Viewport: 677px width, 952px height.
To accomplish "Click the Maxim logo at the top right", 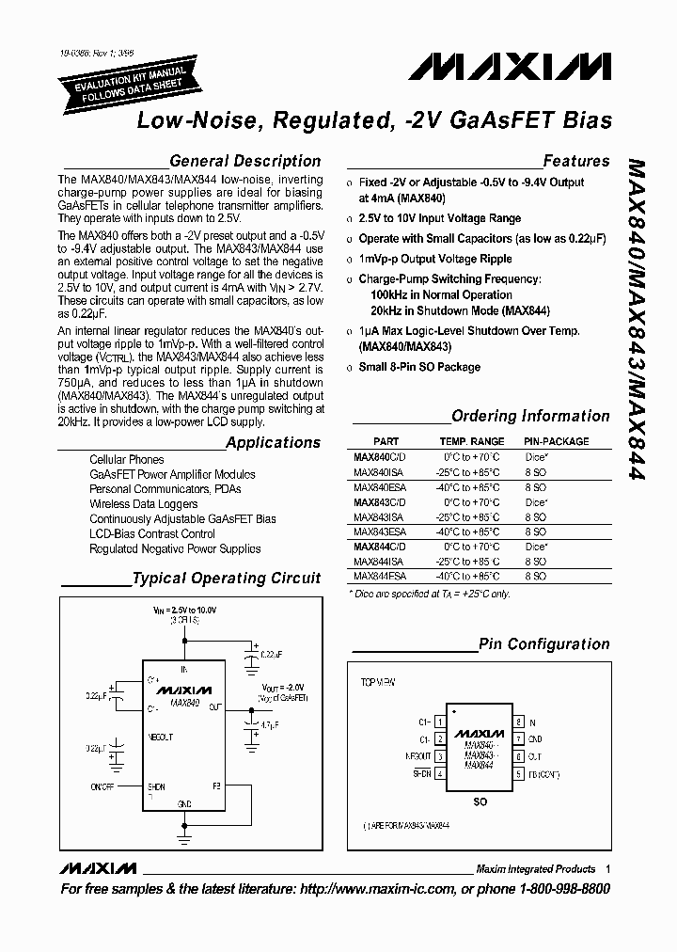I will pyautogui.click(x=510, y=67).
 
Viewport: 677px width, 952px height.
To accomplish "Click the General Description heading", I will pyautogui.click(x=244, y=161).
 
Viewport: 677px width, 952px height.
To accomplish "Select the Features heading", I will pyautogui.click(x=575, y=161).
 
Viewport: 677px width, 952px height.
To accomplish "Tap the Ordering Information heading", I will pyautogui.click(x=530, y=416).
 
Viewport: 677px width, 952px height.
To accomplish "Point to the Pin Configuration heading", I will pyautogui.click(x=544, y=644).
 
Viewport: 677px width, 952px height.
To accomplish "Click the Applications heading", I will pyautogui.click(x=273, y=442).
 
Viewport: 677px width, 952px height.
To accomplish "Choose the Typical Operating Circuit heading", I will pyautogui.click(x=226, y=579).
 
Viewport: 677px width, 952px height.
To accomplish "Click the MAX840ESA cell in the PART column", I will pyautogui.click(x=380, y=488).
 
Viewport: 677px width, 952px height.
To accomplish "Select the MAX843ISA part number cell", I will pyautogui.click(x=379, y=517).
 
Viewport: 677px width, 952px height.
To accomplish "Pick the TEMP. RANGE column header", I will pyautogui.click(x=471, y=441).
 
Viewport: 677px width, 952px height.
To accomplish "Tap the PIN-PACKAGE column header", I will pyautogui.click(x=556, y=441).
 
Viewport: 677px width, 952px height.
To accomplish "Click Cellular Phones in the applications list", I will pyautogui.click(x=126, y=460).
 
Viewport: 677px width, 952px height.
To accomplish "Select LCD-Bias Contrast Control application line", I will pyautogui.click(x=152, y=533).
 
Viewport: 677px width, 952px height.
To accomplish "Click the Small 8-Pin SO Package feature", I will pyautogui.click(x=419, y=367).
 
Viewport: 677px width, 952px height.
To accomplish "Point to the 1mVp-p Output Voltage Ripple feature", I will pyautogui.click(x=434, y=259).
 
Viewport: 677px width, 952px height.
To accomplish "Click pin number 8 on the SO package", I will pyautogui.click(x=518, y=722).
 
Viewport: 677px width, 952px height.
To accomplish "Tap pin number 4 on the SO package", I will pyautogui.click(x=440, y=773).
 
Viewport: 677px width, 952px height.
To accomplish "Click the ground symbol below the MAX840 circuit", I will pyautogui.click(x=184, y=832).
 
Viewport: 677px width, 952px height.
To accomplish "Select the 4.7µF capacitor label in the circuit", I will pyautogui.click(x=270, y=725).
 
